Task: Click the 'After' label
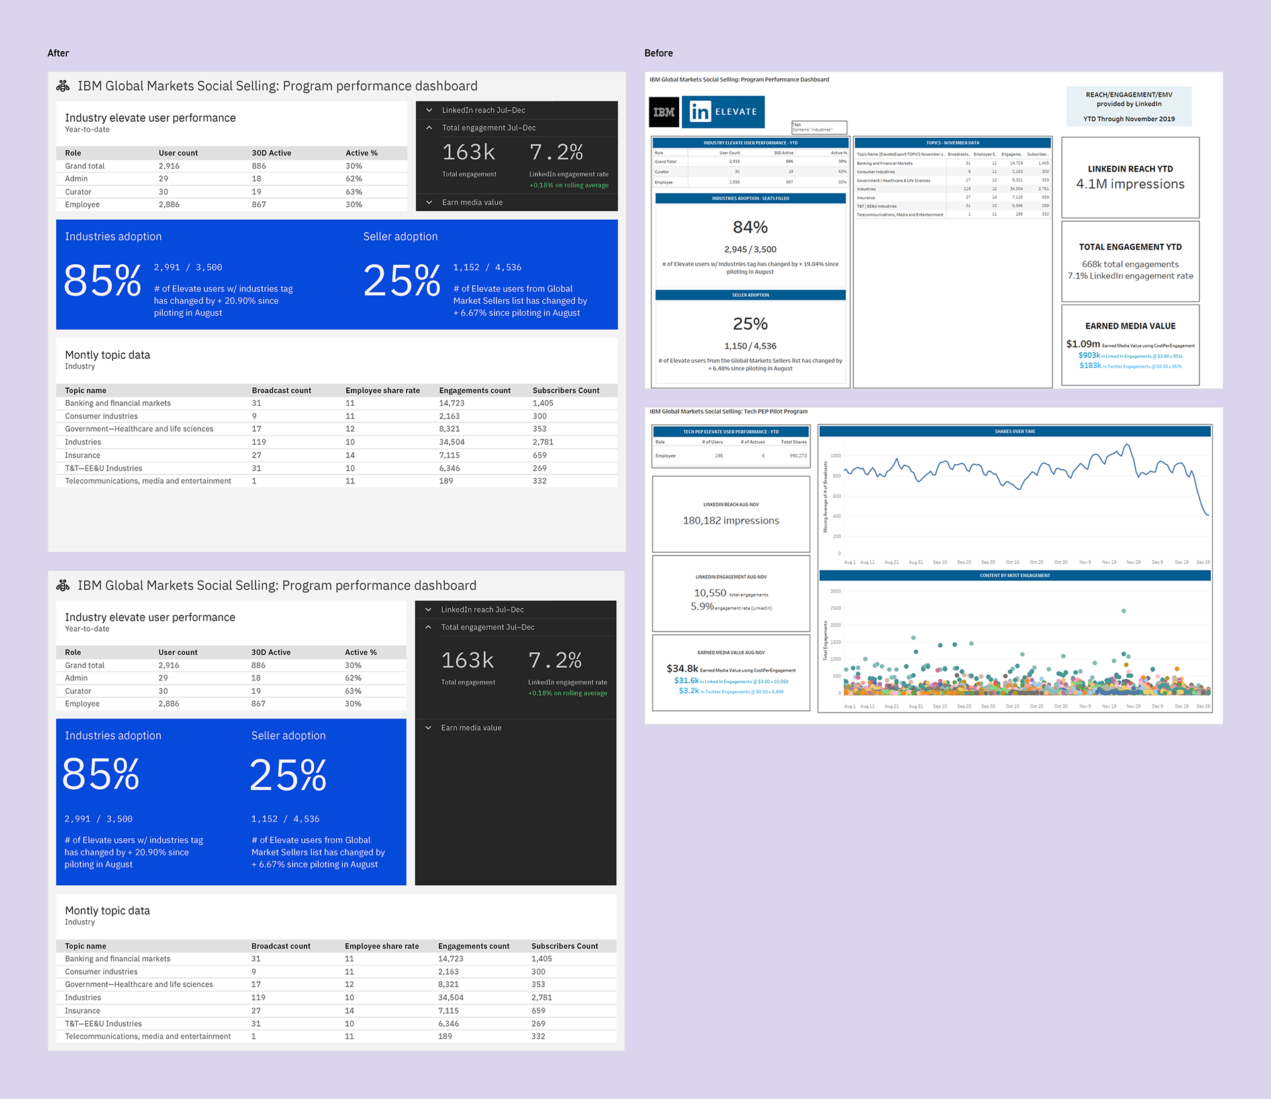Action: click(x=58, y=53)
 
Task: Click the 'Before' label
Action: click(x=658, y=53)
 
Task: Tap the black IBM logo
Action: click(x=663, y=112)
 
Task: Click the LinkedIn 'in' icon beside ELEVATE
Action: click(x=699, y=112)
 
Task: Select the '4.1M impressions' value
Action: click(x=1130, y=184)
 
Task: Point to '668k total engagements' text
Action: click(x=1130, y=264)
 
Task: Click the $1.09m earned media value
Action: click(x=1082, y=344)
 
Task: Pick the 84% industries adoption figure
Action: click(x=750, y=228)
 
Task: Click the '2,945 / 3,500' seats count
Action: click(x=750, y=250)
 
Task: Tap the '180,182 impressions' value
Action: click(x=731, y=521)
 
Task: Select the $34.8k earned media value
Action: click(x=682, y=669)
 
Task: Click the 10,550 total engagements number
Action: click(x=710, y=593)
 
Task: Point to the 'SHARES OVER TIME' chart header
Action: click(x=1014, y=432)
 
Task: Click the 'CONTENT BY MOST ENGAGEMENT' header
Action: click(x=1014, y=576)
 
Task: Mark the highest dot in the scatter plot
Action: click(x=1123, y=611)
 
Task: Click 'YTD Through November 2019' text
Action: click(x=1129, y=119)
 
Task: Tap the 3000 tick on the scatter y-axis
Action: click(x=835, y=591)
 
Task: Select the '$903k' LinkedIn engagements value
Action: click(x=1089, y=356)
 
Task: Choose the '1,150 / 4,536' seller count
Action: click(x=750, y=346)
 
